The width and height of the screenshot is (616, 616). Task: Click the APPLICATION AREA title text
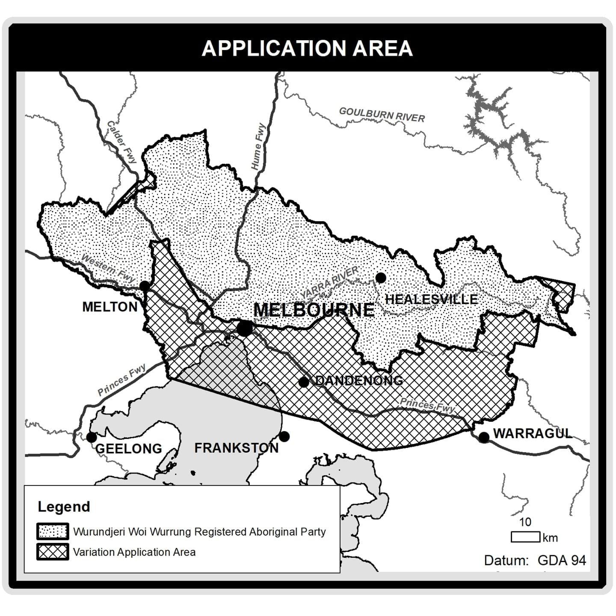tap(307, 48)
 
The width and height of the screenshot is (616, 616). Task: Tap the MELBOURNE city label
tap(314, 310)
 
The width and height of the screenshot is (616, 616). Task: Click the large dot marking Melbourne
tap(245, 329)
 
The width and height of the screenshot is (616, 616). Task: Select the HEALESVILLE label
tap(431, 299)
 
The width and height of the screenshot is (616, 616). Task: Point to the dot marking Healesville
tap(381, 278)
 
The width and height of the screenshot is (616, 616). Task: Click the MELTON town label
tap(110, 307)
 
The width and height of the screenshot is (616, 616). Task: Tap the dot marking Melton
tap(145, 285)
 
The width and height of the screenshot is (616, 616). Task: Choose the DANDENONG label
tap(359, 380)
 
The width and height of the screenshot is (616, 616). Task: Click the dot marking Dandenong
tap(304, 382)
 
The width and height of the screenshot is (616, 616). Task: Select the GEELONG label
tap(128, 448)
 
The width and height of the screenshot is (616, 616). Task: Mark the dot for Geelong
tap(91, 437)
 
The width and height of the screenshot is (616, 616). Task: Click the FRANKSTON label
tap(237, 448)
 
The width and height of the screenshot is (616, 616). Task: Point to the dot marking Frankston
tap(284, 437)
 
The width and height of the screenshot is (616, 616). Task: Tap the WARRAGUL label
tap(533, 433)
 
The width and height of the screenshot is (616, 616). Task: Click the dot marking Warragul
tap(484, 437)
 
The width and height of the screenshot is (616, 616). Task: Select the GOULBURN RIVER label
tap(382, 115)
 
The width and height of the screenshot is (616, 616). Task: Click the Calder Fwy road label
tap(121, 142)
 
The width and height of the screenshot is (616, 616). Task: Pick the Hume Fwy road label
tap(258, 147)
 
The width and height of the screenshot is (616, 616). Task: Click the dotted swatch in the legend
tap(53, 531)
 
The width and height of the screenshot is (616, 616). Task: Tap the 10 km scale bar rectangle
tap(525, 537)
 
